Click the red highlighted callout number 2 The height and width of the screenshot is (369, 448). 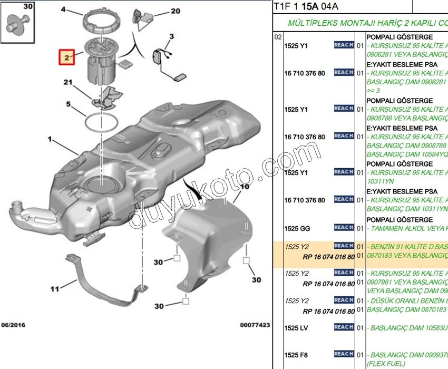point(67,57)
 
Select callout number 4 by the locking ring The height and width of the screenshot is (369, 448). point(64,9)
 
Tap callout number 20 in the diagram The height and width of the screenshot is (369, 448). point(160,11)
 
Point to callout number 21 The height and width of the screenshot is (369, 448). point(67,82)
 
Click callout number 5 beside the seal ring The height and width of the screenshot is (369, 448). point(69,105)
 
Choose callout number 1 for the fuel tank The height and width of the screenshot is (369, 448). point(51,140)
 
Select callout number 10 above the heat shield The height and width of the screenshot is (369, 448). point(244,187)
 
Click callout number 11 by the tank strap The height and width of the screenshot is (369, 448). point(55,288)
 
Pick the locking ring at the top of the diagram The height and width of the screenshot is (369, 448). point(105,21)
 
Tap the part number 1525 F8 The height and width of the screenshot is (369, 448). point(295,354)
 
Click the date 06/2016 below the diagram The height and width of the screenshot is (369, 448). point(13,325)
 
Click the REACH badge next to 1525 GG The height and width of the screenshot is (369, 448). point(344,227)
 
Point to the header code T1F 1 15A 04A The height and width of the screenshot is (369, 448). point(306,6)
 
